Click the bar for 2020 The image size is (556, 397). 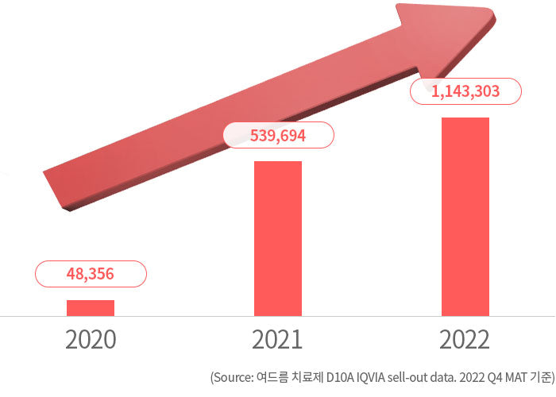pos(91,307)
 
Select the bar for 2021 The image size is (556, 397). pos(277,238)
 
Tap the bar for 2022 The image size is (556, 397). pos(465,216)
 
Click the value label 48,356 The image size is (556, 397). pos(91,275)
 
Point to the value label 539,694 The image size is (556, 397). pos(277,136)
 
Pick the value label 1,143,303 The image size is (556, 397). pos(465,92)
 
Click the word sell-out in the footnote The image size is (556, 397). pos(401,378)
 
